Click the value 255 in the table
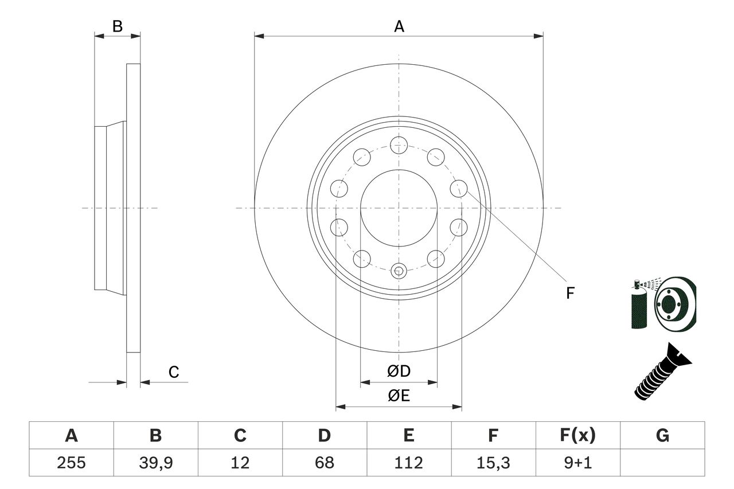pyautogui.click(x=72, y=462)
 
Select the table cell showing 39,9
pyautogui.click(x=155, y=462)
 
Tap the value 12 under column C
pyautogui.click(x=240, y=462)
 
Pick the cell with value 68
pyautogui.click(x=324, y=462)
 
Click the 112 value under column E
pyautogui.click(x=408, y=462)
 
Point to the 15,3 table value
pyautogui.click(x=493, y=462)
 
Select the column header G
pyautogui.click(x=662, y=436)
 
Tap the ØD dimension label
pyautogui.click(x=399, y=371)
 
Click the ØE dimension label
pyautogui.click(x=399, y=396)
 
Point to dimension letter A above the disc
pyautogui.click(x=399, y=26)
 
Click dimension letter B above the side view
pyautogui.click(x=117, y=26)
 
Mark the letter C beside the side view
pyautogui.click(x=174, y=373)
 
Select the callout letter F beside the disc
pyautogui.click(x=570, y=294)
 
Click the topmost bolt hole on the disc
pyautogui.click(x=399, y=144)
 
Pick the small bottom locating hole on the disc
pyautogui.click(x=399, y=270)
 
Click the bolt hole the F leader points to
pyautogui.click(x=458, y=187)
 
